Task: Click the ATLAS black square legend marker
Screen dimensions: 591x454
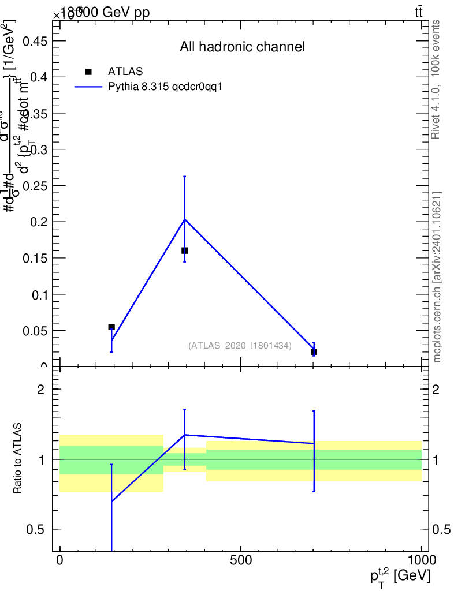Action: (x=88, y=72)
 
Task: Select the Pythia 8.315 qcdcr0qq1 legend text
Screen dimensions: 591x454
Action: (x=165, y=87)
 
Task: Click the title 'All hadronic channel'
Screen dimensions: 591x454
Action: (x=242, y=47)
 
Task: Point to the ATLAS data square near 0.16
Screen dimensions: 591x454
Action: (x=184, y=250)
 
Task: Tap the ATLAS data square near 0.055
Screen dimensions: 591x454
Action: (x=111, y=327)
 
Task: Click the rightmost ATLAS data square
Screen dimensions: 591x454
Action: (x=314, y=351)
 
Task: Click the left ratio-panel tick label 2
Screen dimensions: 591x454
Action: (x=40, y=390)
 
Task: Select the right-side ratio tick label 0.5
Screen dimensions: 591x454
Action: (x=441, y=529)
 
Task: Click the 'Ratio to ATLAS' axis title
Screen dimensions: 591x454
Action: (x=17, y=459)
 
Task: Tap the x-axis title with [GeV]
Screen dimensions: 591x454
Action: (x=400, y=576)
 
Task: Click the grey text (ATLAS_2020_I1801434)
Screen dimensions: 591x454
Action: (x=240, y=345)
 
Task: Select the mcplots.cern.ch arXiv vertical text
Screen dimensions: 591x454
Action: (x=437, y=277)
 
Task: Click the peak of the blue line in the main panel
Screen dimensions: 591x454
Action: (x=184, y=219)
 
